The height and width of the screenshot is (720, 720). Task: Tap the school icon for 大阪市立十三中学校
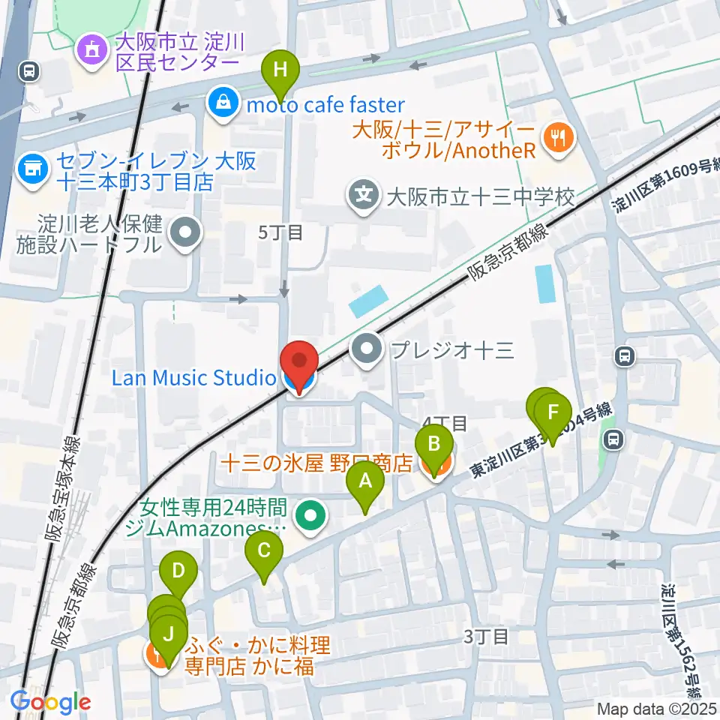click(x=364, y=197)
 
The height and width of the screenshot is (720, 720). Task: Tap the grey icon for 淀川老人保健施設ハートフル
click(x=185, y=233)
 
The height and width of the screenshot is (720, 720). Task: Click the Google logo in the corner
click(x=51, y=703)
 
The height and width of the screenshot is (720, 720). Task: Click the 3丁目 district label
click(x=485, y=637)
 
